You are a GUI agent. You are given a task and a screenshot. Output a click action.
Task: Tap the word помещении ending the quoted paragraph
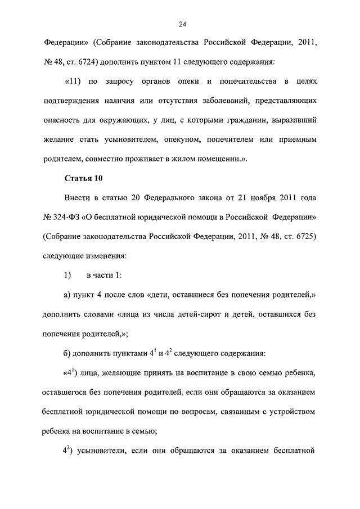216,159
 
